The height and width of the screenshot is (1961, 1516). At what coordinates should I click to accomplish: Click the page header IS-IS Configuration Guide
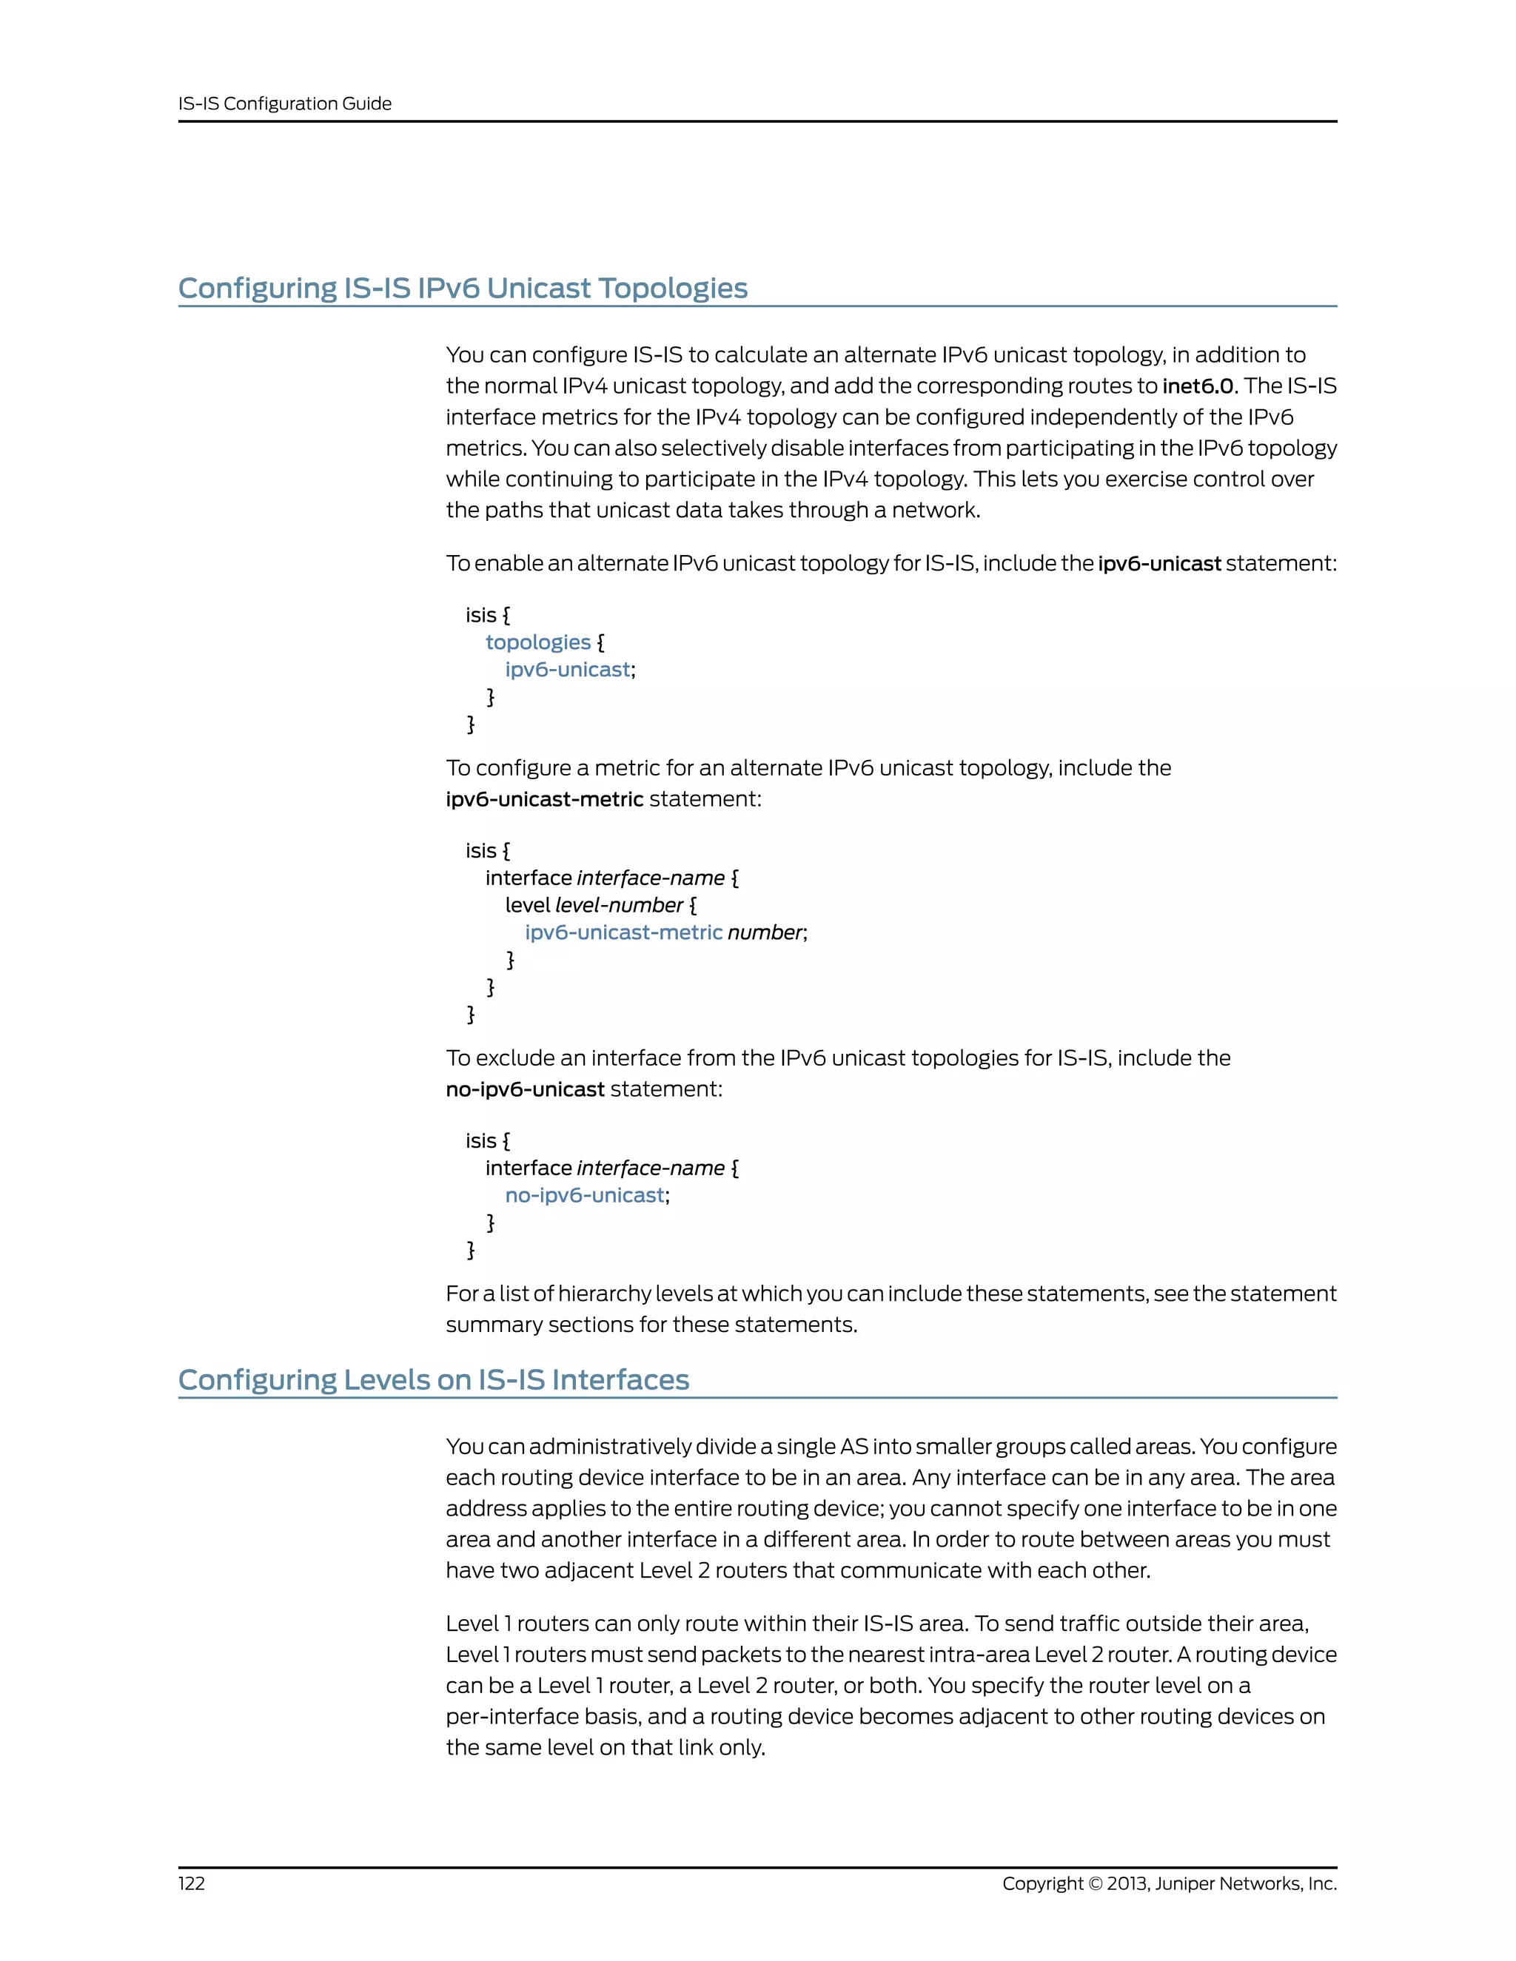[x=285, y=104]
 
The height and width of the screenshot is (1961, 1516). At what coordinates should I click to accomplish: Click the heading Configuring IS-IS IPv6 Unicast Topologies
[x=463, y=288]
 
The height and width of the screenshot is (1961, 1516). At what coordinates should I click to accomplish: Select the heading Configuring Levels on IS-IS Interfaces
[x=433, y=1379]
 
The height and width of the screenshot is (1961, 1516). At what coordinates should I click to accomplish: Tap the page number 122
[x=191, y=1884]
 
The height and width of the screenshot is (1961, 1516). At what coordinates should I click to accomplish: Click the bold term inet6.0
[x=1199, y=386]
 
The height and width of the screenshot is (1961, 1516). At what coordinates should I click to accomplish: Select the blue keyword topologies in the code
[x=538, y=642]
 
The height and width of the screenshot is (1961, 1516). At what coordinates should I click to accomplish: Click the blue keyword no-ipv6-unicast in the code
[x=585, y=1195]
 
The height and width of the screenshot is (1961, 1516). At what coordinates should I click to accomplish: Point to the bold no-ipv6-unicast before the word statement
[x=526, y=1089]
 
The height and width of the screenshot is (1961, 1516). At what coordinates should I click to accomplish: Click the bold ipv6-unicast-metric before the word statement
[x=544, y=799]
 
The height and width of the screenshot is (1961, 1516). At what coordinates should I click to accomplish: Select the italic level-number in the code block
[x=619, y=905]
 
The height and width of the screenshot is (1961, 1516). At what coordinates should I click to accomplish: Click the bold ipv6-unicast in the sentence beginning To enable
[x=1158, y=564]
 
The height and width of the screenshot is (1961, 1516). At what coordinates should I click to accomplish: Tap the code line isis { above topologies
[x=488, y=615]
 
